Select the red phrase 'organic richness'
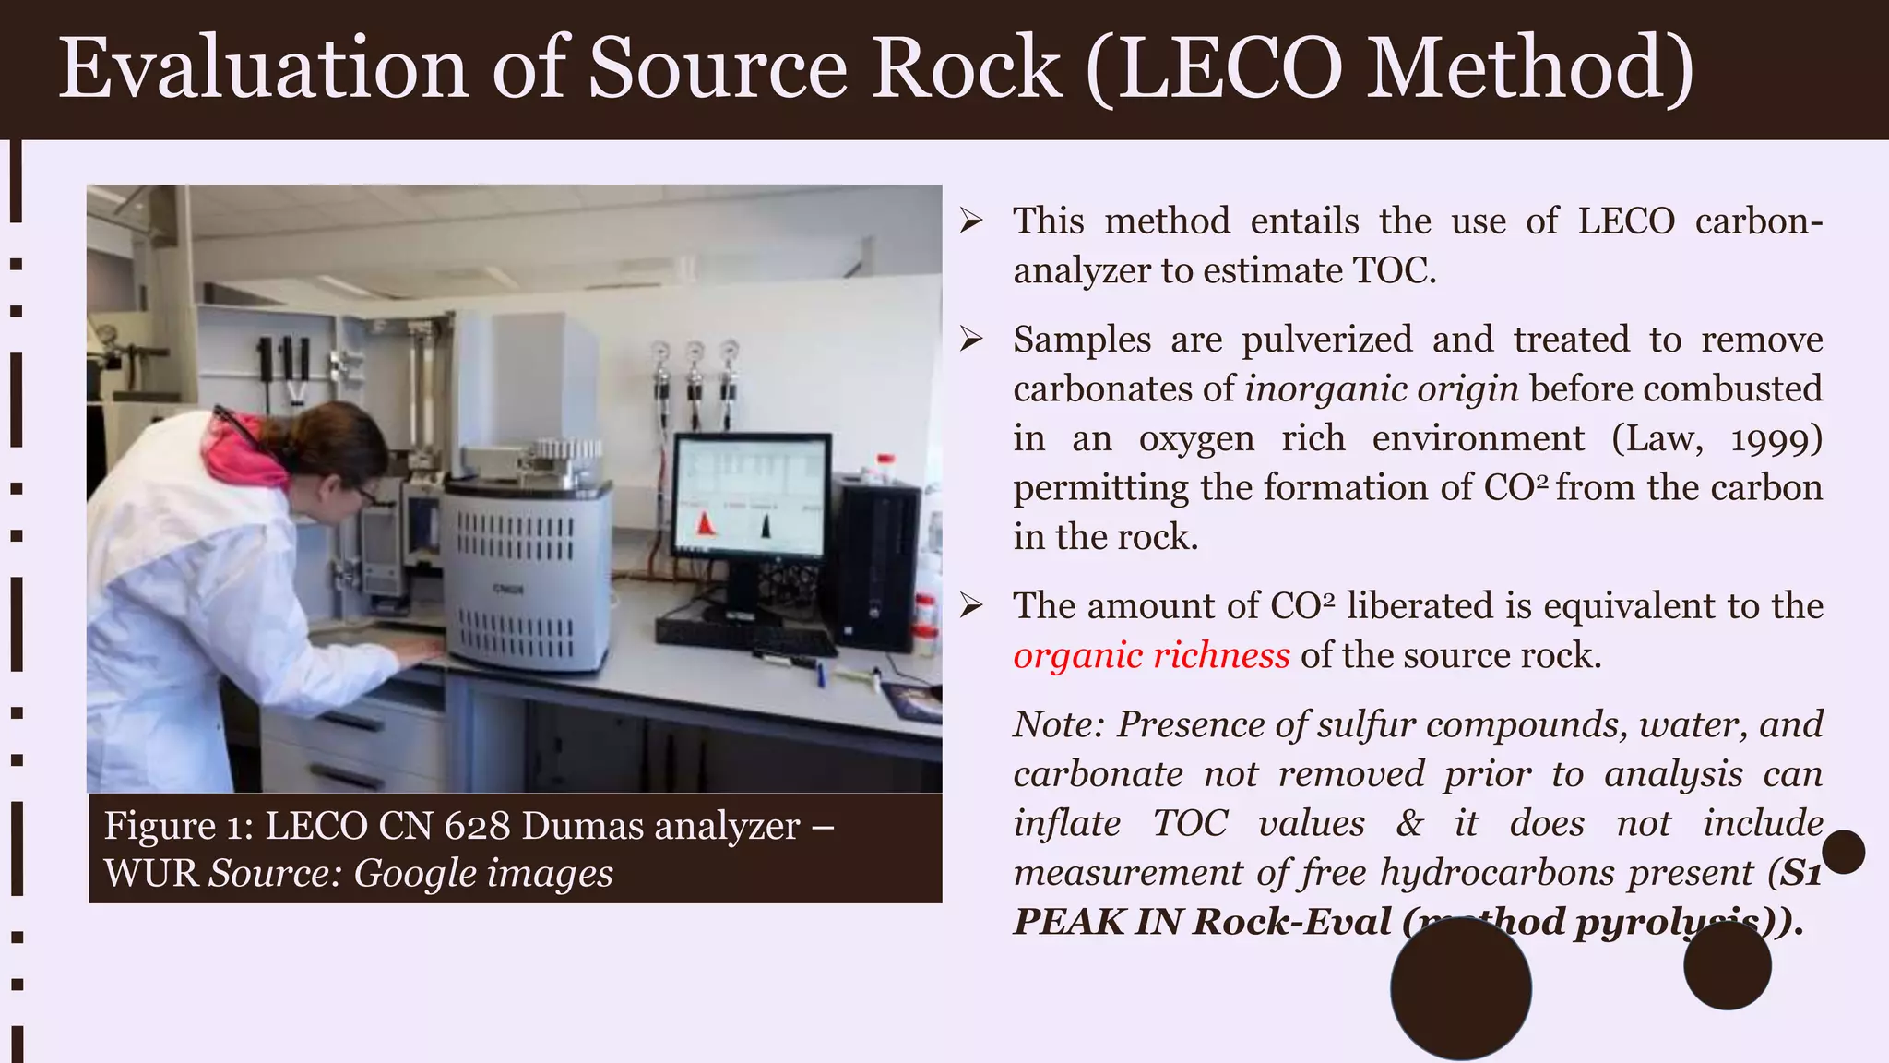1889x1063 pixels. click(x=1151, y=655)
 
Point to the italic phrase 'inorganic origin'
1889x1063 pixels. click(x=1381, y=389)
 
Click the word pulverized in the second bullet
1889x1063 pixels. click(x=1326, y=340)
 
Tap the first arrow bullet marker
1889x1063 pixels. click(x=970, y=221)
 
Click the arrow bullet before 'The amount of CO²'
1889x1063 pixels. click(x=970, y=606)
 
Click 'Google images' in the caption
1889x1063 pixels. click(x=483, y=873)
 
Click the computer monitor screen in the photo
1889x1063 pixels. click(x=751, y=496)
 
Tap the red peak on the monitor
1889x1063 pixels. click(x=706, y=523)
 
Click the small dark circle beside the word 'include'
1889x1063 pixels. click(x=1843, y=852)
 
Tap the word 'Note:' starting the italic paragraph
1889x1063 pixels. click(x=1058, y=724)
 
